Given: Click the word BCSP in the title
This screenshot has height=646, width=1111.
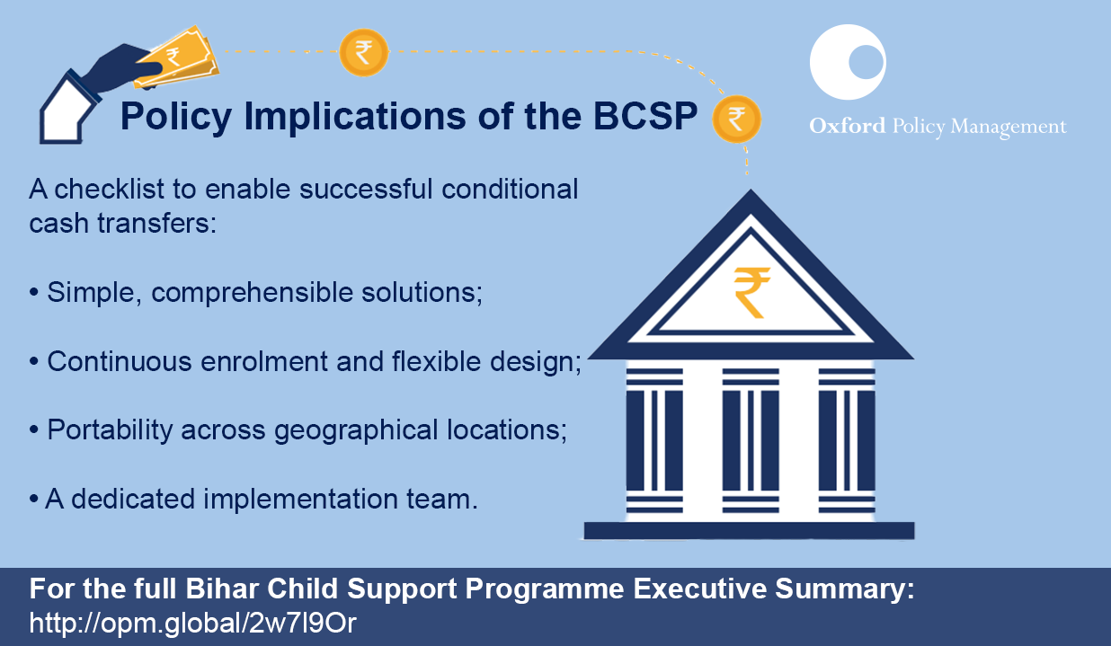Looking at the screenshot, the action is tap(645, 116).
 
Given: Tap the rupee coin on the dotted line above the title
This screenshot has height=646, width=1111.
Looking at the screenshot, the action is tap(363, 52).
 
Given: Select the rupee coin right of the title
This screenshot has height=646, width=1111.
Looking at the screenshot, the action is tap(736, 119).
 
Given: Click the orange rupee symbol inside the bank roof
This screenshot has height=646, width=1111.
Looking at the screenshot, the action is tap(752, 293).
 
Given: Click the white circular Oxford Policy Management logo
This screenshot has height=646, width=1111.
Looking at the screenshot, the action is tap(848, 62).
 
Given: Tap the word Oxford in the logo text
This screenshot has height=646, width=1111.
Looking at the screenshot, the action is tap(847, 126).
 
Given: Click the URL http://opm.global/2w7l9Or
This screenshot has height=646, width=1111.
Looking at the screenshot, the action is tap(193, 623).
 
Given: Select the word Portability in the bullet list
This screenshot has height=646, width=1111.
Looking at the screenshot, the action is tap(110, 429).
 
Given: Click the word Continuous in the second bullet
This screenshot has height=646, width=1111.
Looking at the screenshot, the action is tap(119, 361).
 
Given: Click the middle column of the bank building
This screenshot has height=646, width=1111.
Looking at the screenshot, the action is tap(751, 441).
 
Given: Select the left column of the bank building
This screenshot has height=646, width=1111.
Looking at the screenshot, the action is tap(654, 441).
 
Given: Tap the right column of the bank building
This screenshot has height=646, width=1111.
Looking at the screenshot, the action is tap(847, 441).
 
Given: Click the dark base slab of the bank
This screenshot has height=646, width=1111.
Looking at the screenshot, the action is tap(749, 530).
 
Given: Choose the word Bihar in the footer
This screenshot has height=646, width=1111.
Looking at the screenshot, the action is tap(222, 588).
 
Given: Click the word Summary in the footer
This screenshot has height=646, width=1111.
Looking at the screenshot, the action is tap(845, 590).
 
